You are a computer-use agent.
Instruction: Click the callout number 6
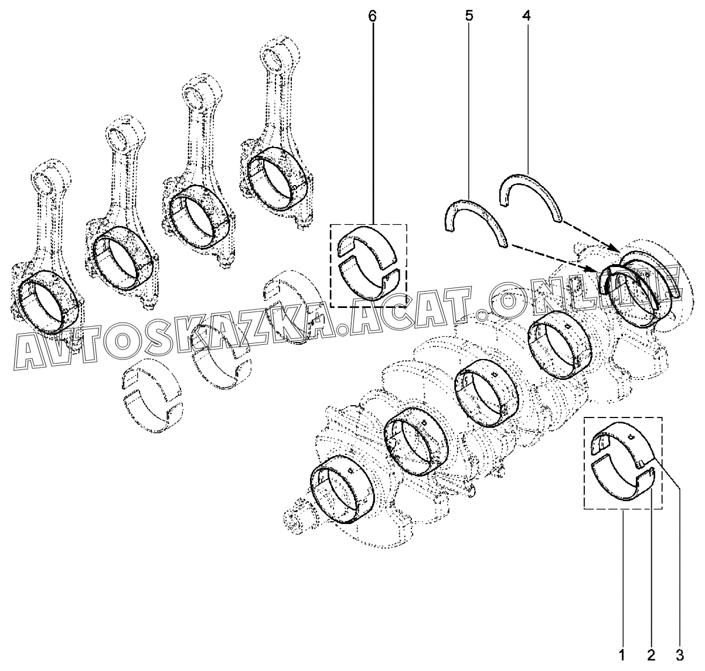click(x=373, y=16)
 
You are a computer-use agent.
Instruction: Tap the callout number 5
click(x=469, y=16)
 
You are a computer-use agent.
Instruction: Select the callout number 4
click(x=526, y=16)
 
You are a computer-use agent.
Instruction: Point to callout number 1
click(x=622, y=655)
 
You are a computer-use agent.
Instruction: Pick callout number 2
click(x=651, y=655)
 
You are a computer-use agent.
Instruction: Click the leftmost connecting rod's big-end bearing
click(x=49, y=300)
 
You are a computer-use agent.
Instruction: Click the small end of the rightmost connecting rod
click(x=280, y=54)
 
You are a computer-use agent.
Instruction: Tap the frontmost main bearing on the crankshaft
click(x=342, y=489)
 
